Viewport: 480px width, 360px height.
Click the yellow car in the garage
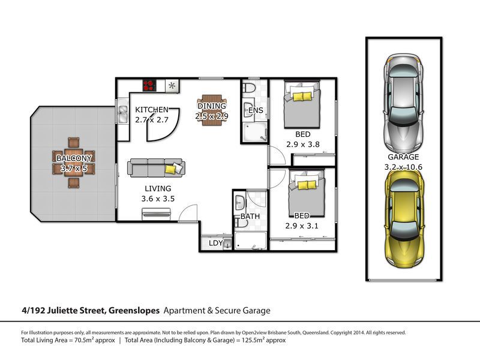coord(404,219)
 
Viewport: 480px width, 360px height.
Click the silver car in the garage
coord(404,103)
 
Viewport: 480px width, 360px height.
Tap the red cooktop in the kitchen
coord(149,86)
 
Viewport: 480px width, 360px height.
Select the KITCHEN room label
coord(152,110)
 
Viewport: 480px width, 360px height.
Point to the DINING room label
coord(212,106)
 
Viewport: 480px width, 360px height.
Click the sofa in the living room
coord(156,167)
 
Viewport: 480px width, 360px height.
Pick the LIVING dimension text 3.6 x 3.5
coord(158,199)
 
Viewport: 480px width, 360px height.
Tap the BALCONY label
coord(74,158)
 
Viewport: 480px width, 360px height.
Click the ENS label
coord(256,110)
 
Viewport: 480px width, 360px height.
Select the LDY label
coord(216,243)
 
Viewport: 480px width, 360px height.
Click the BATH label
coord(250,217)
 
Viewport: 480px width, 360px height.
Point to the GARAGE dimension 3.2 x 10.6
coord(403,167)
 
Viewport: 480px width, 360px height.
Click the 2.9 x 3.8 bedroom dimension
coord(303,144)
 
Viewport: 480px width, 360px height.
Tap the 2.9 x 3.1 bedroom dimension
coord(302,226)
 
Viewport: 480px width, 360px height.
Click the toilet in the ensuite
coord(249,87)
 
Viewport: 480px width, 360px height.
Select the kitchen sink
coord(123,113)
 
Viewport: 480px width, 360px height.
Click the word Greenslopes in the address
coord(134,311)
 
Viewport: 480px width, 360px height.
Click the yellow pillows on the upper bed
coord(302,97)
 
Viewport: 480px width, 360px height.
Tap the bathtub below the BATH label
coord(250,241)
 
